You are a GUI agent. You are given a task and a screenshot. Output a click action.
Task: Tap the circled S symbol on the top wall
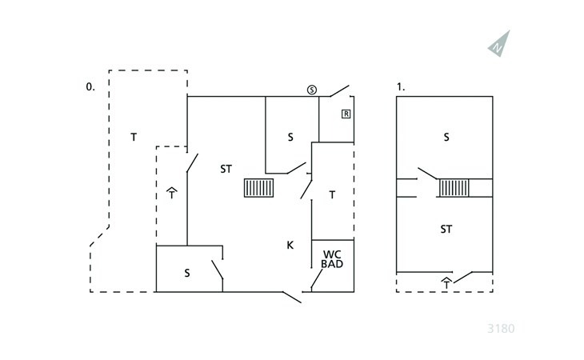coord(312,90)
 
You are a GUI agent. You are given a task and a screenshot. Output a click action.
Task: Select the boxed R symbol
coord(346,114)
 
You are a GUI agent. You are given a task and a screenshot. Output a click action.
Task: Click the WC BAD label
coord(332,259)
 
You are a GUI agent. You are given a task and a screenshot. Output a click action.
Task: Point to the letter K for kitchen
coord(290,245)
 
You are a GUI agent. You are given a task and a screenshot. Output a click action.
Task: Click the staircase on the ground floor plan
coord(259,188)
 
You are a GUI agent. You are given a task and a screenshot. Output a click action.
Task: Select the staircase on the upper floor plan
coord(454,188)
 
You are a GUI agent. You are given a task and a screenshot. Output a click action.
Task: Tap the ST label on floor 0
coord(226,169)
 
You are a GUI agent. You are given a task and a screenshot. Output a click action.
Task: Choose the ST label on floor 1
coord(446,229)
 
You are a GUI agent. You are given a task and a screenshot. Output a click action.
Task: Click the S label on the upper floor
coord(446,138)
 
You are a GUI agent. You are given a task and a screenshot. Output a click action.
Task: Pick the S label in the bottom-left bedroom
coord(187,274)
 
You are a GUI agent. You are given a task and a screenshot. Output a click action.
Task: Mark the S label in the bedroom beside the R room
coord(290,138)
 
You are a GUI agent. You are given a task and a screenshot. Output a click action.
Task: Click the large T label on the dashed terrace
coord(134,138)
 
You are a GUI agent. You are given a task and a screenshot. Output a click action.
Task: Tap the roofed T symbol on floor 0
coord(172,194)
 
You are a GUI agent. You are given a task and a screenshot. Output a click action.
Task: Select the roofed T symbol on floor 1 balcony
coord(446,283)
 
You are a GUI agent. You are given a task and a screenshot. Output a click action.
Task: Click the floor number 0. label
coord(90,87)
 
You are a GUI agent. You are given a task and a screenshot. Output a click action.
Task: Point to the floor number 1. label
coord(401,87)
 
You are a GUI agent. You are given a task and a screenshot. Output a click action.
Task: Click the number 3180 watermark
coord(501,329)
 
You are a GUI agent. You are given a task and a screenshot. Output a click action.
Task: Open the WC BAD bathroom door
coord(317,279)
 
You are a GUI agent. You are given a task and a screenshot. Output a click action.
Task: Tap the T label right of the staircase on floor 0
coord(332,194)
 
